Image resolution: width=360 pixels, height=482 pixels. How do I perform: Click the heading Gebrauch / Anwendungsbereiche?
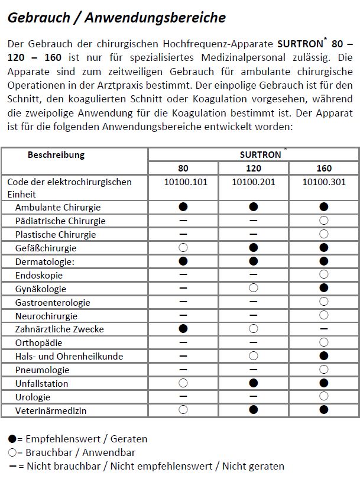(116, 18)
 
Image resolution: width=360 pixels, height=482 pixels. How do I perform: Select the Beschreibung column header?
(56, 155)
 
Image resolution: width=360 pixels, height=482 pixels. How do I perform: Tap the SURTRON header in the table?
(261, 155)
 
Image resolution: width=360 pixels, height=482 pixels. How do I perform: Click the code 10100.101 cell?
(183, 182)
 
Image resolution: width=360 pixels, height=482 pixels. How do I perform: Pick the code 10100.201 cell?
(254, 182)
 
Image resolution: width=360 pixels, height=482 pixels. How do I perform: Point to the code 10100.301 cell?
(324, 182)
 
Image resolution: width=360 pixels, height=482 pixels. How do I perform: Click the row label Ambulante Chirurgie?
(58, 208)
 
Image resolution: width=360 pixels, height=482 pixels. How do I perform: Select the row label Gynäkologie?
(41, 289)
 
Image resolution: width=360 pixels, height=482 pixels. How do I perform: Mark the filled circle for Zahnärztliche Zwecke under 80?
(183, 329)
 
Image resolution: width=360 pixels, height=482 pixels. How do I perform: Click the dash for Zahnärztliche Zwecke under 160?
(324, 329)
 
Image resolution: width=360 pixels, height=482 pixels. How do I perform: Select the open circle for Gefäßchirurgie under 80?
(183, 248)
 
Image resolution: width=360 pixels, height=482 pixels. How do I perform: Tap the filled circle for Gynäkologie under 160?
(324, 289)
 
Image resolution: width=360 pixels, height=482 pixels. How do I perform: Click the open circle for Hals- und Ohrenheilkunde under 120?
(254, 356)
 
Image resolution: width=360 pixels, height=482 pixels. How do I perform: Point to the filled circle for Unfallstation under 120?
(254, 383)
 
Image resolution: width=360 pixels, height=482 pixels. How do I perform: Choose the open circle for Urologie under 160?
(324, 396)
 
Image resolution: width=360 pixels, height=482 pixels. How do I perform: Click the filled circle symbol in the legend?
(12, 439)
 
